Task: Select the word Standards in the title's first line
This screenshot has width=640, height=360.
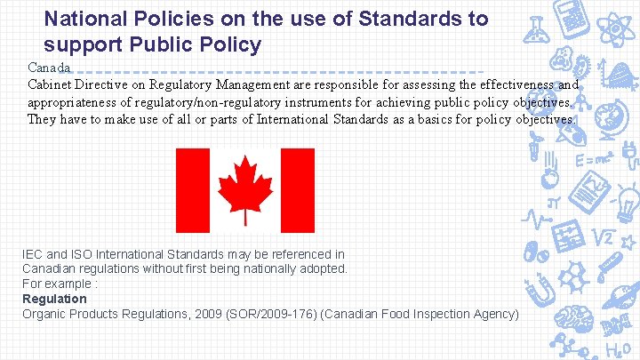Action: pos(390,19)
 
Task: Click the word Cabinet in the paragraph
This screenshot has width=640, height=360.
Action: pos(51,85)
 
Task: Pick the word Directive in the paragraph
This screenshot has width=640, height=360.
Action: pos(108,85)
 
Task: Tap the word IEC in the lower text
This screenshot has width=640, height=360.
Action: pos(34,255)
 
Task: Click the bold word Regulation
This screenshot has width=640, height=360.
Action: pos(54,299)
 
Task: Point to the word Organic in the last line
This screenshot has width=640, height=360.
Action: pos(45,314)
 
